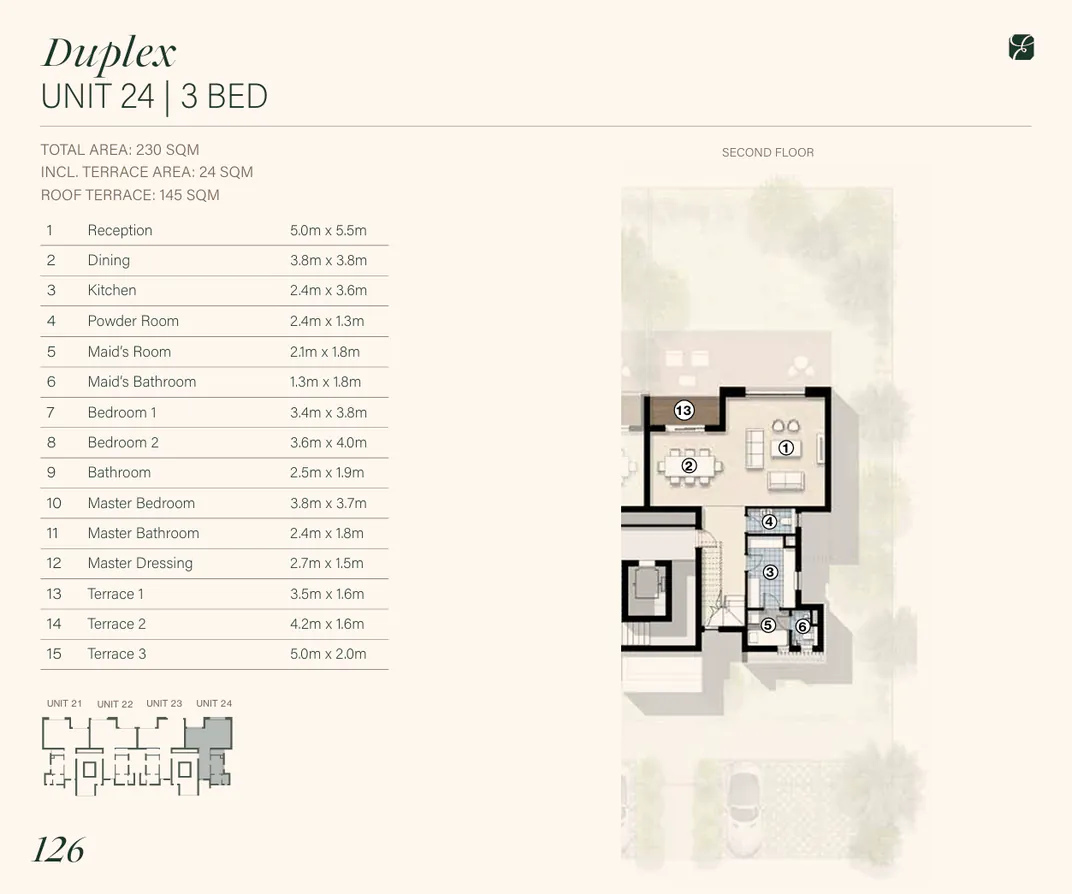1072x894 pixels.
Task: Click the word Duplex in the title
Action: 109,53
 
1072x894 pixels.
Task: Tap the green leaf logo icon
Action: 1021,48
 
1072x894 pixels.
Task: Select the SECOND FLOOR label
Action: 767,152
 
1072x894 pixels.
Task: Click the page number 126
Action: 58,849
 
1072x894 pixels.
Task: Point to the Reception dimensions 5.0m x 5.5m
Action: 328,230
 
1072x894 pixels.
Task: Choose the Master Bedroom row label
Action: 141,503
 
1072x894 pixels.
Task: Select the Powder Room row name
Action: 133,321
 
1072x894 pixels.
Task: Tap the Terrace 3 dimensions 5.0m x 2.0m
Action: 328,654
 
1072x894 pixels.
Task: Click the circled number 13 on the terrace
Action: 683,410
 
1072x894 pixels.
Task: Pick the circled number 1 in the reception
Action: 786,448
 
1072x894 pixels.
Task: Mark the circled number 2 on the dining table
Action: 689,466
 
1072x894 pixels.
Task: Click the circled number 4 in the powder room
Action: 769,521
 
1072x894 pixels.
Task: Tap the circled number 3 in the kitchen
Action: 770,572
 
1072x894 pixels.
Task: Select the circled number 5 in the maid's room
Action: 768,625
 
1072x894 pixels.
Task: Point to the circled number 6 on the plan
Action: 803,627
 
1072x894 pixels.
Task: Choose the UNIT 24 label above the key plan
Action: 214,703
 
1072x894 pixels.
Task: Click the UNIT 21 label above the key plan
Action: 64,703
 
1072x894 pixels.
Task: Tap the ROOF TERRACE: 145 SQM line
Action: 130,195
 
